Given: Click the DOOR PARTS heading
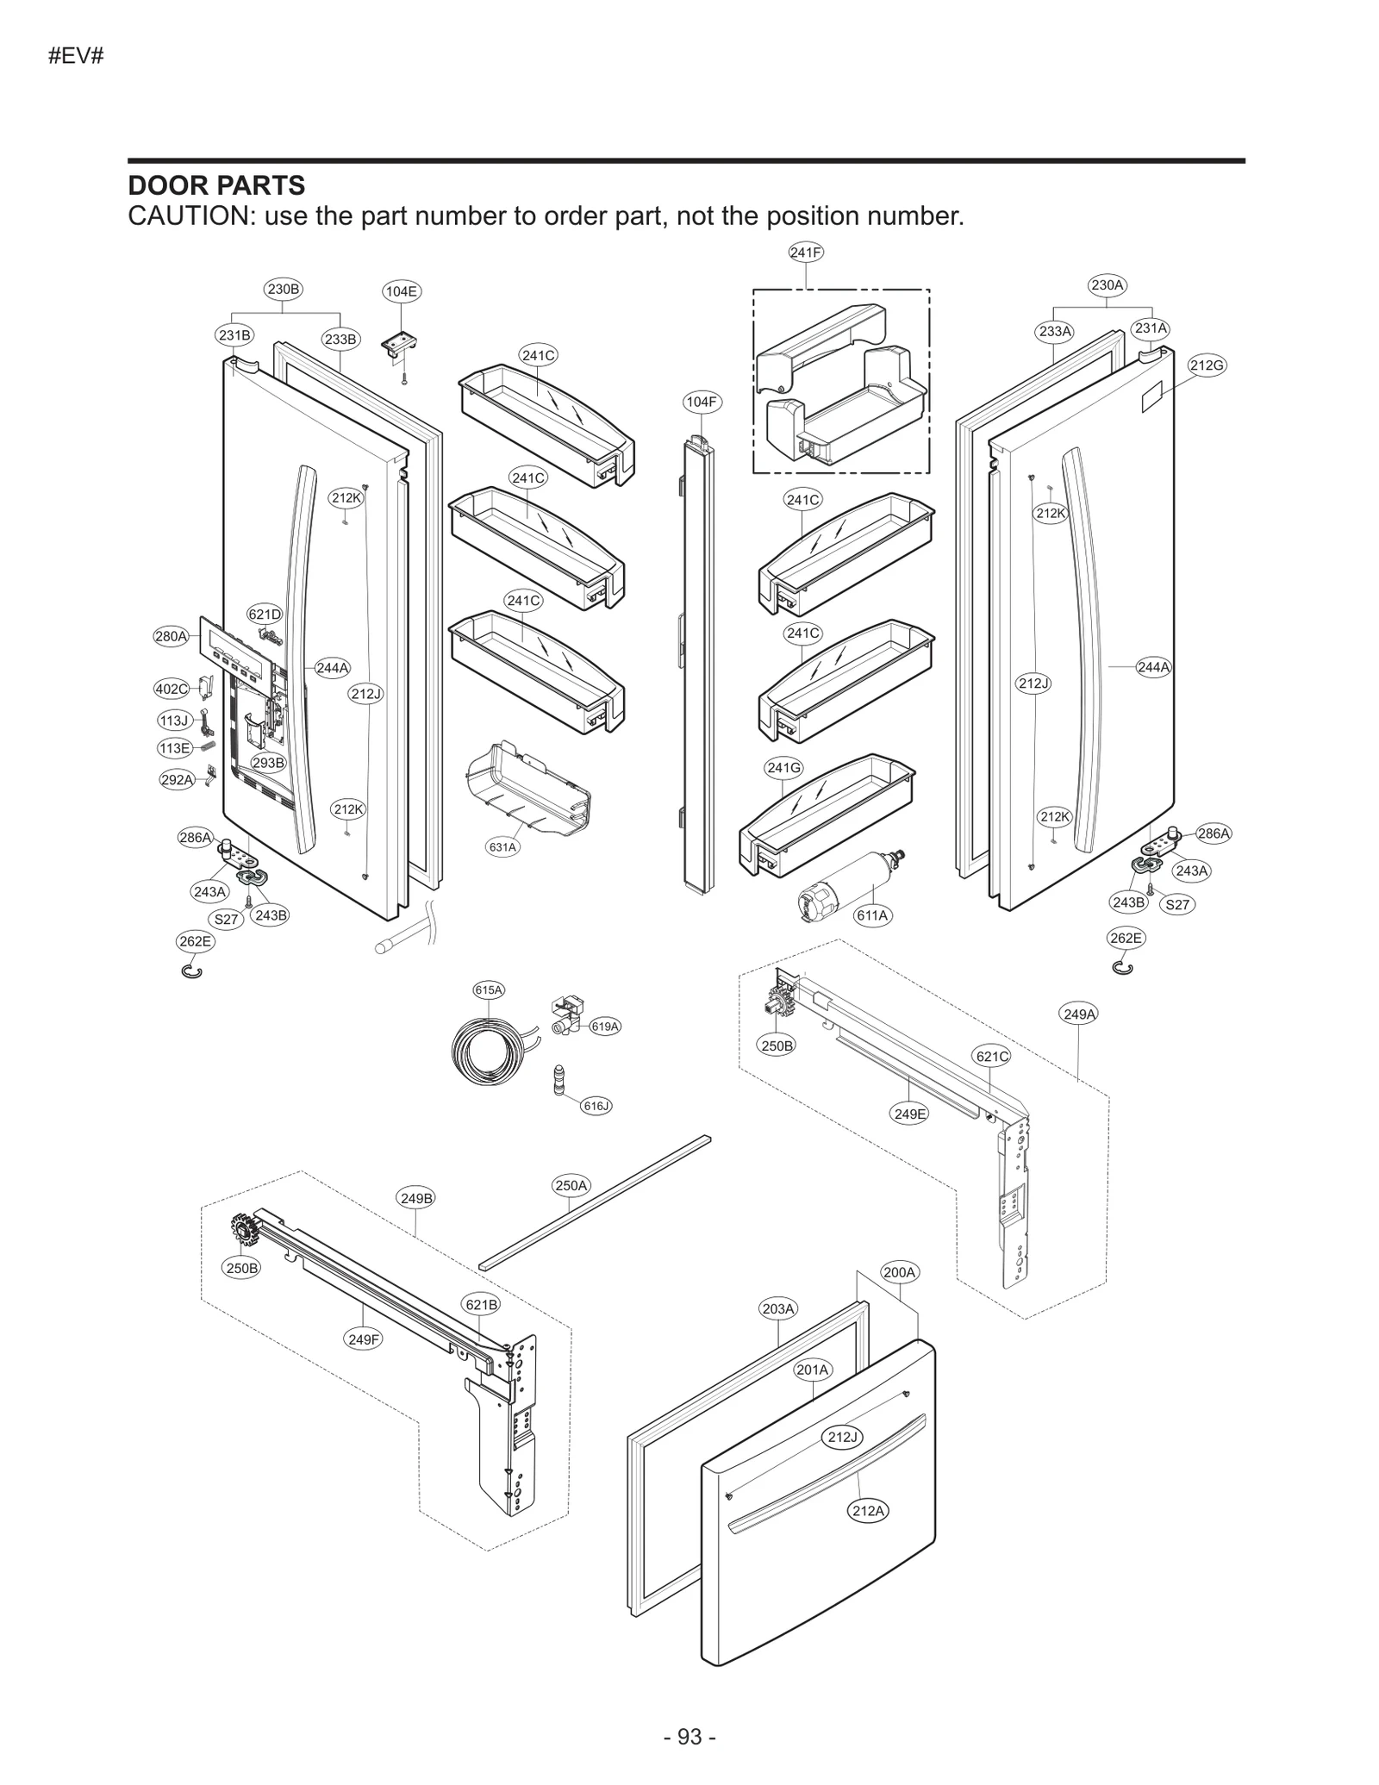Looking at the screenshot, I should point(216,185).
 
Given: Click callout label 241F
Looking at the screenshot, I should point(806,253).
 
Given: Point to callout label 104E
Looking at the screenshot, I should point(401,291).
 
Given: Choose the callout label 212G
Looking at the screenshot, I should point(1207,365).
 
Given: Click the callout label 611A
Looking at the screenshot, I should point(872,915).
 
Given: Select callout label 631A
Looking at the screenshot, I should point(502,847).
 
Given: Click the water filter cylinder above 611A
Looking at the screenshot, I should point(848,889).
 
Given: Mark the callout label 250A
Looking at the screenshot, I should point(571,1185).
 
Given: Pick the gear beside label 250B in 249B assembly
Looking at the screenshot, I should point(244,1230).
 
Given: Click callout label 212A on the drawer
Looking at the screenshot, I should point(868,1511).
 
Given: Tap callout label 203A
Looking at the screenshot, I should point(777,1308).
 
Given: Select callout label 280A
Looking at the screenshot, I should point(171,637).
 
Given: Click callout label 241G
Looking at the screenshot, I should point(783,767).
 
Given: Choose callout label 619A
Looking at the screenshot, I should point(604,1027).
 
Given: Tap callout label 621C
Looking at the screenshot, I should point(992,1056).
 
